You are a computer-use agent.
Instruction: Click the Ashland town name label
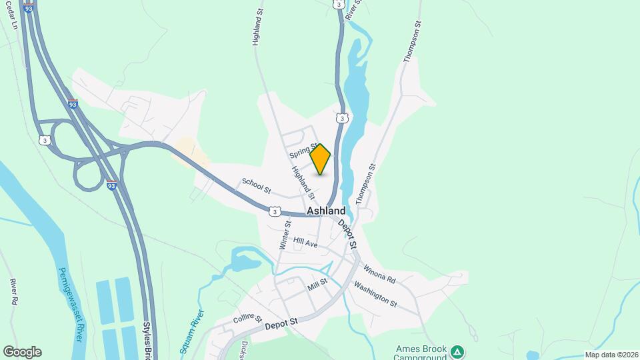[x=327, y=211]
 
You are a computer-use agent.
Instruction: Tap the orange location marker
[x=321, y=159]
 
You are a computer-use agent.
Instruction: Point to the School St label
[x=256, y=185]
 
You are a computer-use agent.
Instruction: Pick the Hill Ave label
[x=306, y=244]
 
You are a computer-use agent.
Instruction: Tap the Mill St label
[x=317, y=285]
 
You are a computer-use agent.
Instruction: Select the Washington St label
[x=375, y=293]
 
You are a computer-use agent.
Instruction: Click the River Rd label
[x=13, y=292]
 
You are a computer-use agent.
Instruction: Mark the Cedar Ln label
[x=11, y=15]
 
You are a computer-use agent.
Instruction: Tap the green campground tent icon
[x=457, y=351]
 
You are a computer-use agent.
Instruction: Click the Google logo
[x=22, y=352]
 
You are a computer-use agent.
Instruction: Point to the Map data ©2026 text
[x=611, y=355]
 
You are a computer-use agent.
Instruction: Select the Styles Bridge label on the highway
[x=147, y=341]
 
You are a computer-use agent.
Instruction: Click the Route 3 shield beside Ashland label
[x=274, y=211]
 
